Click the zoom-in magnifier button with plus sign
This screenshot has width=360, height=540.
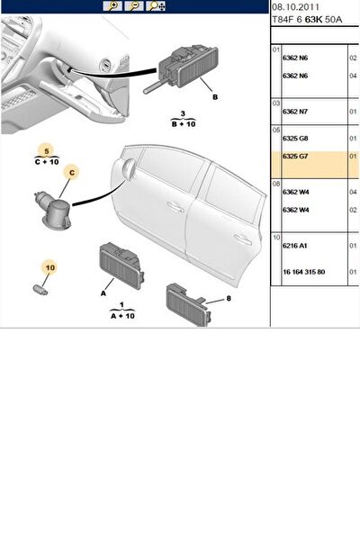click(112, 6)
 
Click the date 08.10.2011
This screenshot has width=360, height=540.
click(295, 7)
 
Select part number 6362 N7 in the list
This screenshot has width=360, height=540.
click(295, 112)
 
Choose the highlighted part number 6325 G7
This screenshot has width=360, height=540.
click(295, 157)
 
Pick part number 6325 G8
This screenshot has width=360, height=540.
click(295, 139)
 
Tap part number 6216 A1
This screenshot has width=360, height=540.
click(294, 246)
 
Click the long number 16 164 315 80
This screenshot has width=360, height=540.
click(304, 272)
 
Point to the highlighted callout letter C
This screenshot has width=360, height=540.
click(72, 173)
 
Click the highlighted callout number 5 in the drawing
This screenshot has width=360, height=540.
click(47, 151)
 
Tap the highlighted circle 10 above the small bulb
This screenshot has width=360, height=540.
click(50, 267)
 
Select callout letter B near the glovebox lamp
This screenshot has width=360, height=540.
click(215, 97)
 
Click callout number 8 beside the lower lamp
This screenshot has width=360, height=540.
click(229, 298)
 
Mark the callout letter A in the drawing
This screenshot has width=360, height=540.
click(103, 293)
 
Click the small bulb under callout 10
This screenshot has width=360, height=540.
click(40, 290)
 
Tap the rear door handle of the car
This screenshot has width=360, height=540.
click(242, 239)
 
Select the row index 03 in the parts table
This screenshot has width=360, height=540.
click(276, 103)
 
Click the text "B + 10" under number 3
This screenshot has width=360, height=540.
click(184, 124)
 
